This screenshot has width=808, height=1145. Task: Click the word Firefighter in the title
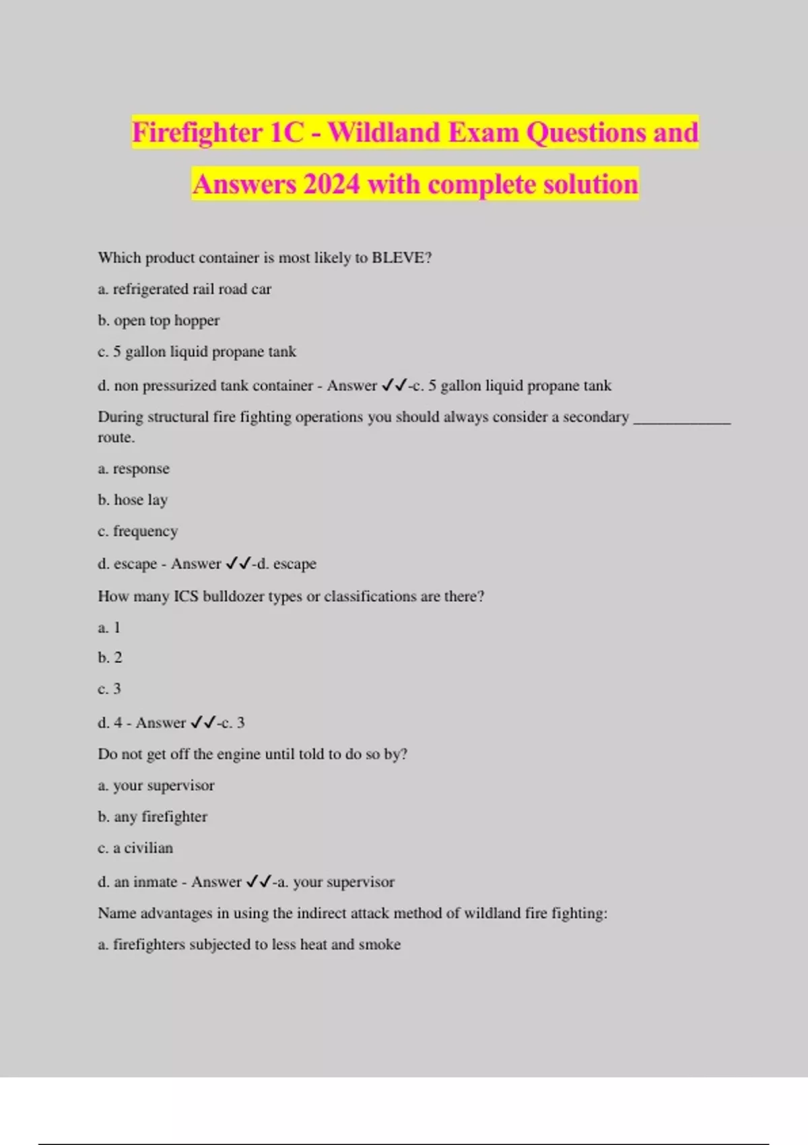click(x=197, y=133)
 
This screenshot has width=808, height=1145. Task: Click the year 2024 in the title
click(x=331, y=185)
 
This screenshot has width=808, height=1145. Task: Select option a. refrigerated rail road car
click(x=184, y=290)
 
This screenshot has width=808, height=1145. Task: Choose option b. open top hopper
click(x=159, y=321)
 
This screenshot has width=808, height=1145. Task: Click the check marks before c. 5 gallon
click(x=394, y=386)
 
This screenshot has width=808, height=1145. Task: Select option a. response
click(x=133, y=469)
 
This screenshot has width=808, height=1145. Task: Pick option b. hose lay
click(x=133, y=500)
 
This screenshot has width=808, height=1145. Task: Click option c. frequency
click(x=138, y=531)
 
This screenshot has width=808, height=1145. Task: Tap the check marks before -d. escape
click(x=238, y=564)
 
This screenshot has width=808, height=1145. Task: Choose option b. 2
click(x=110, y=658)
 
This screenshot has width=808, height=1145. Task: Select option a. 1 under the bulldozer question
click(x=109, y=628)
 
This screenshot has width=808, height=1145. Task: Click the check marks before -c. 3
click(x=203, y=723)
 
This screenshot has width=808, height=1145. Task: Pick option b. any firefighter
click(x=152, y=817)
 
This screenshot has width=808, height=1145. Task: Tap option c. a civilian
click(x=135, y=848)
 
